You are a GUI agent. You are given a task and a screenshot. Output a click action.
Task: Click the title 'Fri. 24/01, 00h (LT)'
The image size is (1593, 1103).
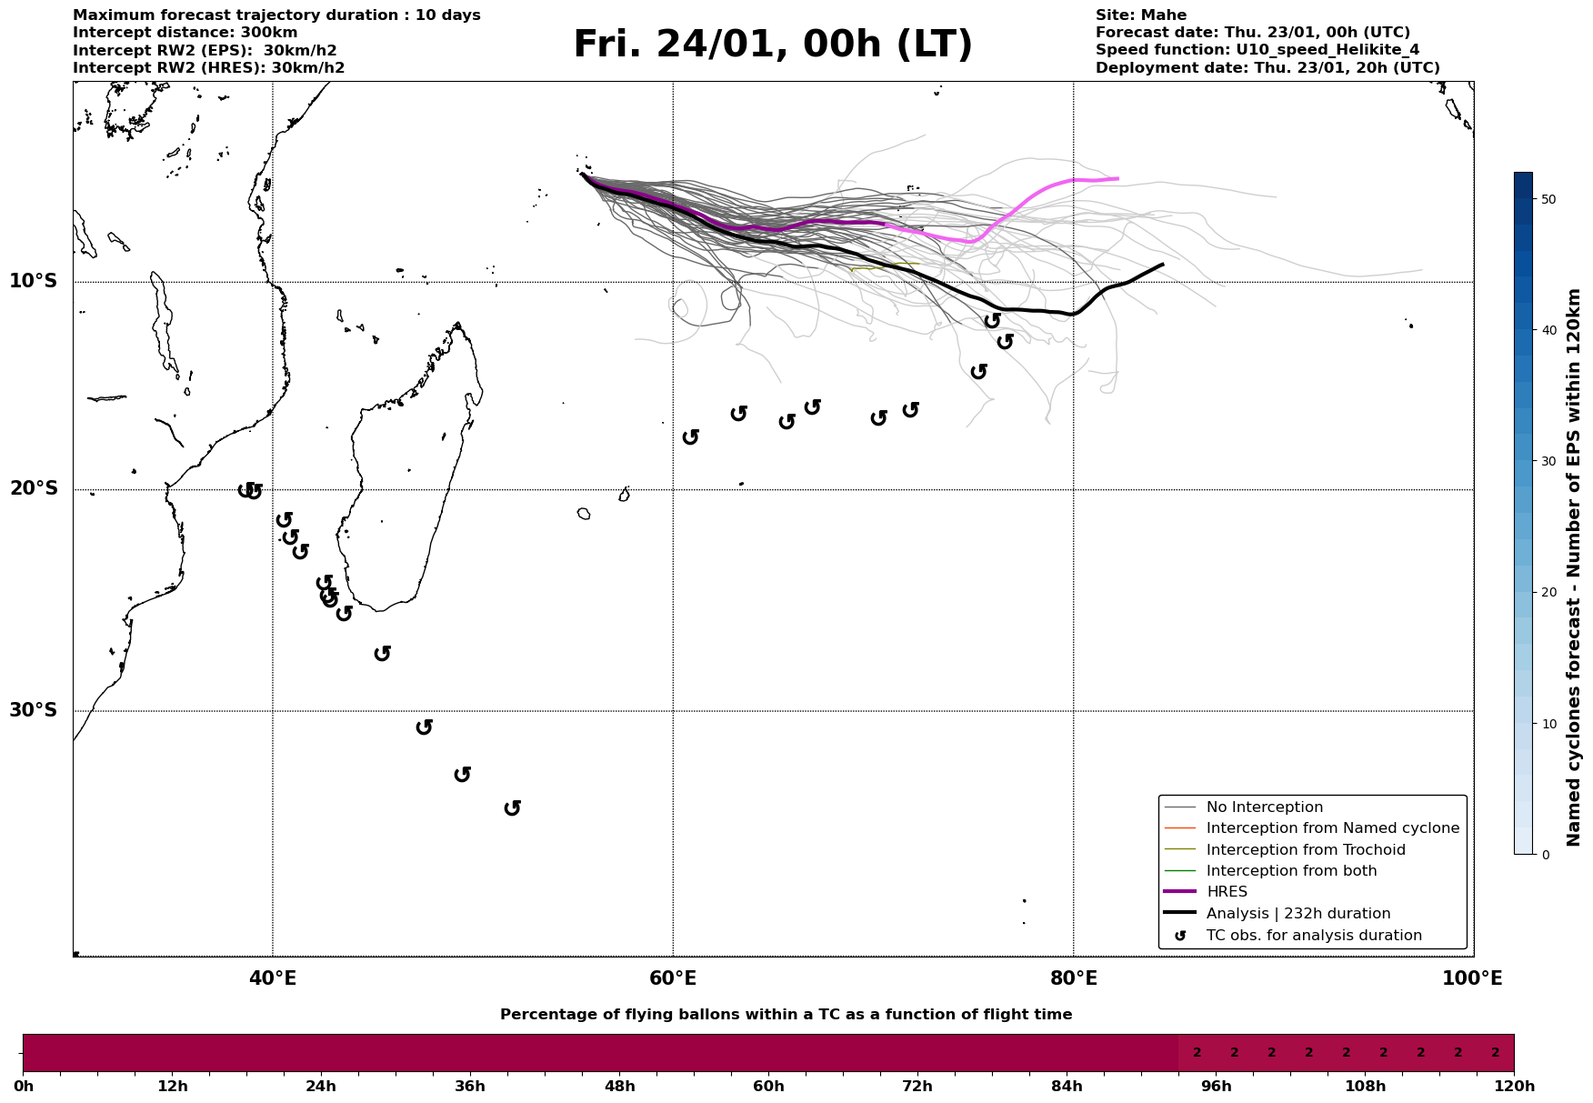pyautogui.click(x=773, y=45)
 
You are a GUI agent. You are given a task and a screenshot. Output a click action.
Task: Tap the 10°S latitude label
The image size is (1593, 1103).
pyautogui.click(x=34, y=281)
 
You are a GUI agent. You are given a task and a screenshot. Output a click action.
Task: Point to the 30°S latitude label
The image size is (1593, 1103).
pyautogui.click(x=34, y=710)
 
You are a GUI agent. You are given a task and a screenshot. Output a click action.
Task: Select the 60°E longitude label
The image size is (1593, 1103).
pyautogui.click(x=673, y=978)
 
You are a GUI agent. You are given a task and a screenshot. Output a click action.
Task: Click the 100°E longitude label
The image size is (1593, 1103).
pyautogui.click(x=1472, y=978)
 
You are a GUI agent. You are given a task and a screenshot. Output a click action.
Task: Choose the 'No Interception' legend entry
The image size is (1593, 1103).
pyautogui.click(x=1264, y=807)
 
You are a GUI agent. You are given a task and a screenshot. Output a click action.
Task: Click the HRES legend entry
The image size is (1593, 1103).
pyautogui.click(x=1227, y=892)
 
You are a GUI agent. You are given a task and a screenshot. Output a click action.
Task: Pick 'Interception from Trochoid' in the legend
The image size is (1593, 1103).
pyautogui.click(x=1305, y=850)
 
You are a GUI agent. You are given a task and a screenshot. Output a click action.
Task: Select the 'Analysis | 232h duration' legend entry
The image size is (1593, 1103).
pyautogui.click(x=1297, y=914)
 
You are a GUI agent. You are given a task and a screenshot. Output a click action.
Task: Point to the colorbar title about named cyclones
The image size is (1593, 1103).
pyautogui.click(x=1575, y=567)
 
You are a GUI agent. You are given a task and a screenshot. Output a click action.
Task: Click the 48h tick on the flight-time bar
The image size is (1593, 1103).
pyautogui.click(x=619, y=1087)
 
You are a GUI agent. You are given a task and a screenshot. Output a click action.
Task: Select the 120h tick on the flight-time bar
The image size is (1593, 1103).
pyautogui.click(x=1514, y=1087)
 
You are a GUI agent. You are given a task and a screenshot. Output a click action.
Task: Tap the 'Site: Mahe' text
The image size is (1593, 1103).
pyautogui.click(x=1140, y=15)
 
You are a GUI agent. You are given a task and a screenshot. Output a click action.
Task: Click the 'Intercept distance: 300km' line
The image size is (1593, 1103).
pyautogui.click(x=185, y=33)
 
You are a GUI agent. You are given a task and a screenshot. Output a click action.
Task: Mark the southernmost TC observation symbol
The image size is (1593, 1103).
pyautogui.click(x=513, y=807)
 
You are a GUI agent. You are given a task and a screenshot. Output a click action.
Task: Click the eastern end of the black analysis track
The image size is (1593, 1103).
pyautogui.click(x=1162, y=265)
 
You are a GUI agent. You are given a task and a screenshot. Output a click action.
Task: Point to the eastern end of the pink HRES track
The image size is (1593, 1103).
pyautogui.click(x=1117, y=179)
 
